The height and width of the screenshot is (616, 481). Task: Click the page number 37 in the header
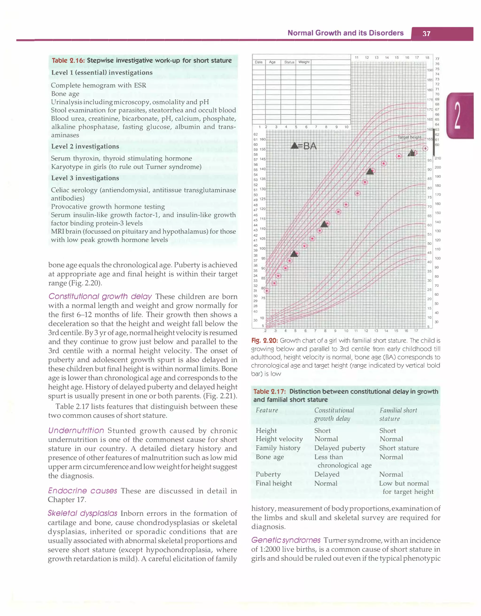tap(426, 34)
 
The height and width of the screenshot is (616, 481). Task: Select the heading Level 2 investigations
tap(85, 146)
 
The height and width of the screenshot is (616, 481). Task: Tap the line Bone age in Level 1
tap(65, 94)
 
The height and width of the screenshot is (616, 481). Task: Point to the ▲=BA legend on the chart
tap(304, 146)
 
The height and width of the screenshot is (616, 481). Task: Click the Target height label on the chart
tap(409, 137)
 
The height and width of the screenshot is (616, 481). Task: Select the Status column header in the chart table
tap(289, 62)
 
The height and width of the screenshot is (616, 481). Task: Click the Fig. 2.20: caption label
tap(264, 340)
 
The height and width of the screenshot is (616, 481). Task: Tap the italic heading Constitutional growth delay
tap(100, 296)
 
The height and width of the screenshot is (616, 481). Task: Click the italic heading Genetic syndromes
tap(286, 540)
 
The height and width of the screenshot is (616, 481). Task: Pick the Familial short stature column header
tap(398, 414)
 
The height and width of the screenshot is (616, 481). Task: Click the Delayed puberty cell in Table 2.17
tap(340, 448)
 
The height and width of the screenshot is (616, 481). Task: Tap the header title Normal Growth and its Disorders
tap(345, 33)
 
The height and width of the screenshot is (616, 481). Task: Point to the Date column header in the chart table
tap(258, 62)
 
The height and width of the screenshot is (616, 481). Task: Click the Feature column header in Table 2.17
tap(267, 410)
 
